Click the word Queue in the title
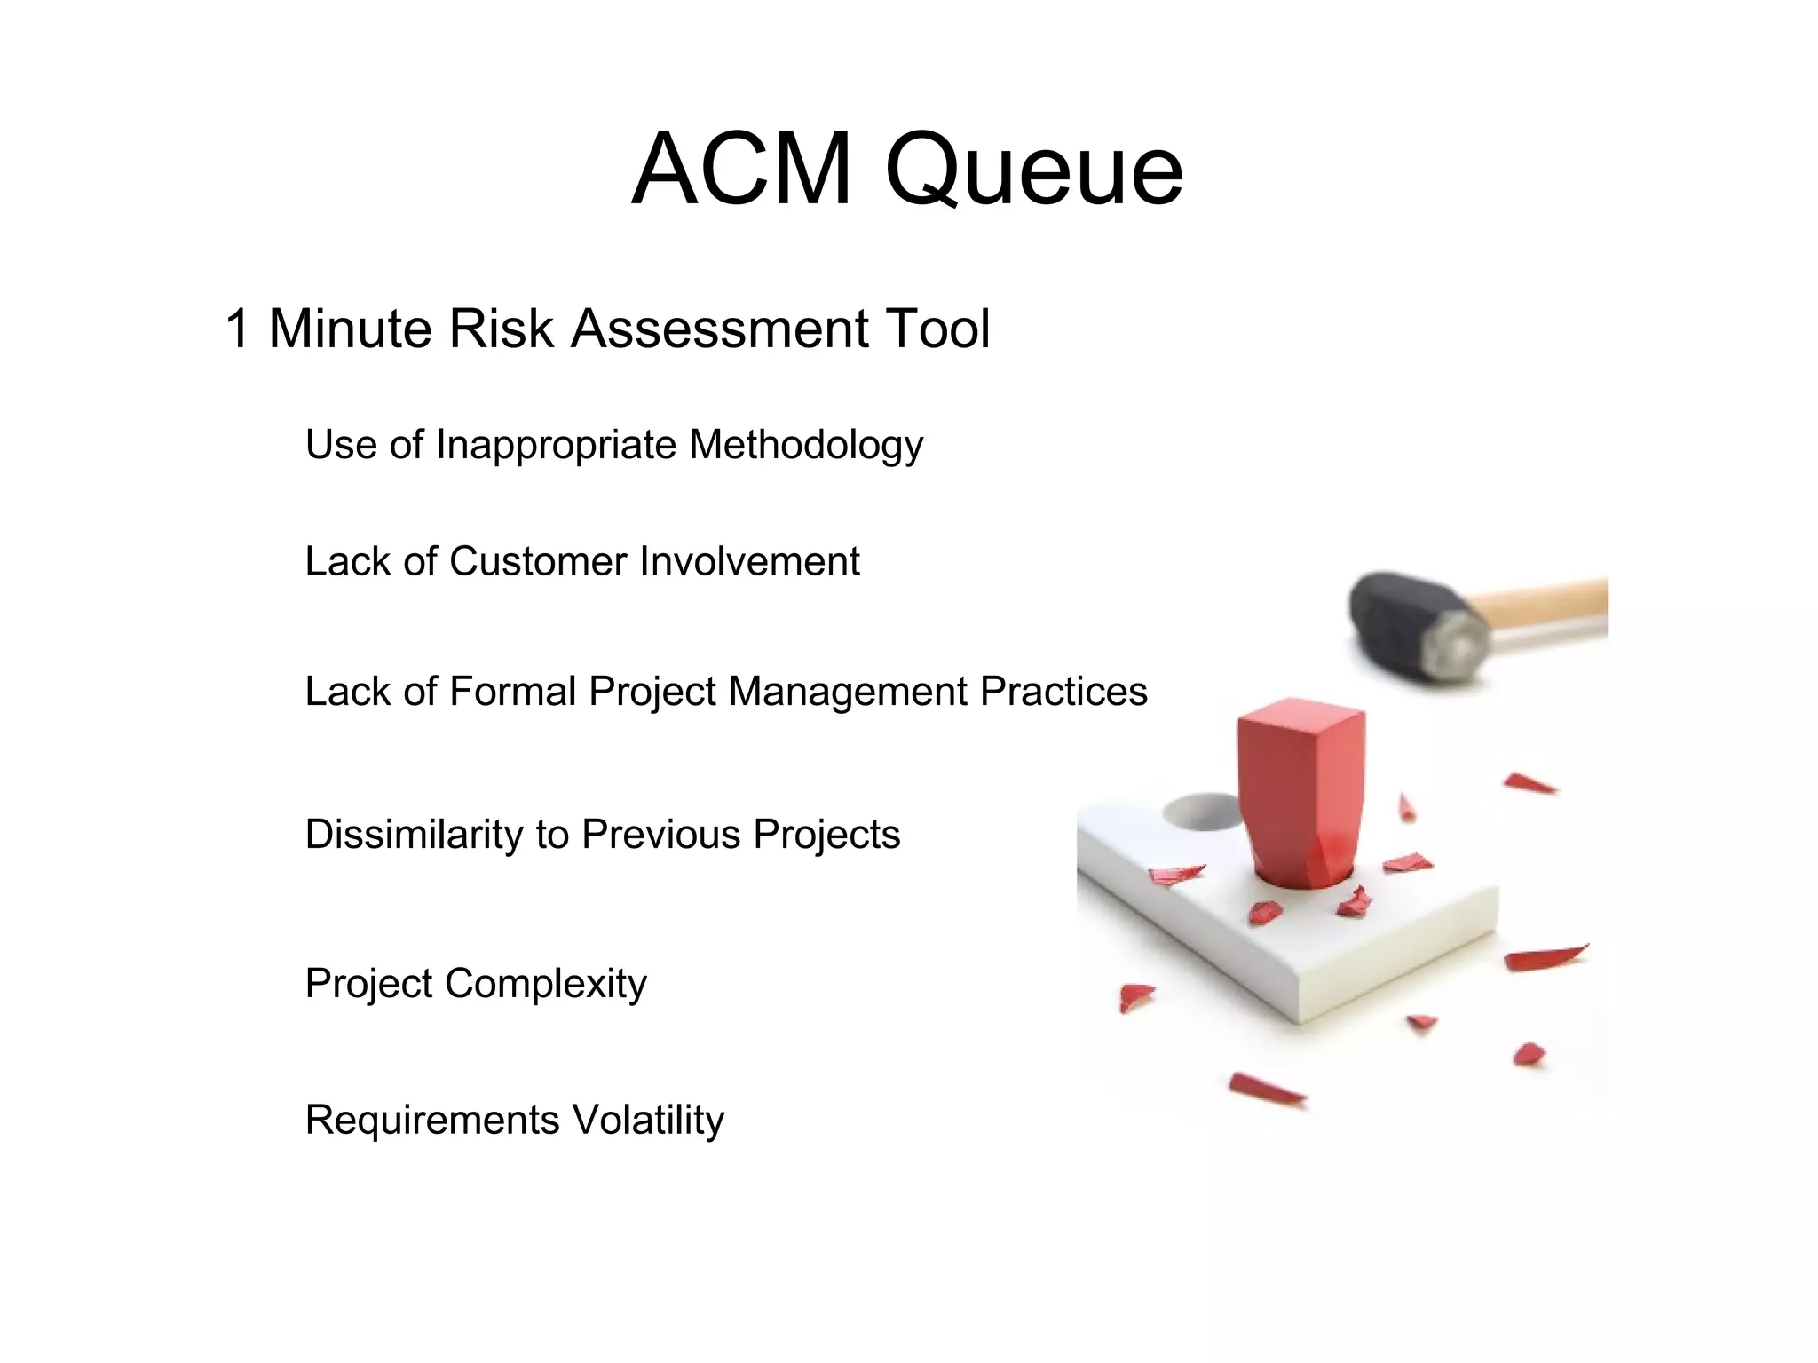[1034, 170]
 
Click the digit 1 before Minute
[237, 329]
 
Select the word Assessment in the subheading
[719, 329]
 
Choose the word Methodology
[806, 446]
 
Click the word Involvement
[749, 561]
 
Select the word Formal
[512, 691]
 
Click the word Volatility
[648, 1120]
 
